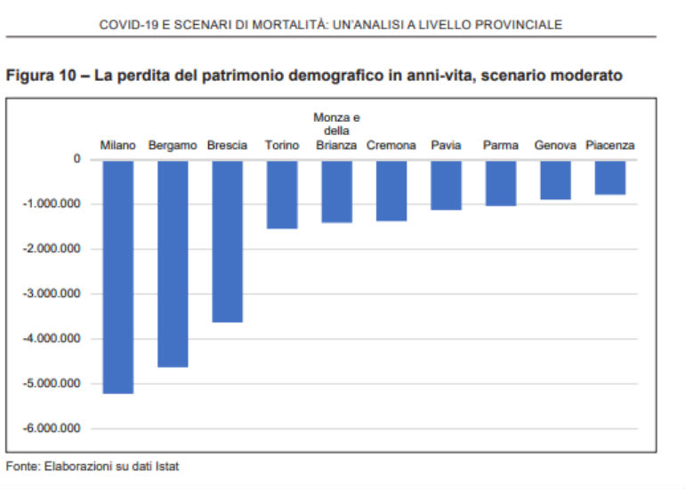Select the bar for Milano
pyautogui.click(x=117, y=276)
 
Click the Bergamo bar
pyautogui.click(x=173, y=262)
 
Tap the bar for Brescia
pyautogui.click(x=227, y=240)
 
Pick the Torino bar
pyautogui.click(x=282, y=194)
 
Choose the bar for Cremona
pyautogui.click(x=391, y=189)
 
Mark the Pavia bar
pyautogui.click(x=446, y=184)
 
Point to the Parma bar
pyautogui.click(x=501, y=182)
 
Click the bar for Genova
pyautogui.click(x=555, y=179)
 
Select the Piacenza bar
pyautogui.click(x=610, y=177)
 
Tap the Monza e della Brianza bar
pyautogui.click(x=336, y=190)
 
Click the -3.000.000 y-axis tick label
pyautogui.click(x=52, y=293)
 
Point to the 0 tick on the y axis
pyautogui.click(x=77, y=159)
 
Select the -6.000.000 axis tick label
pyautogui.click(x=52, y=429)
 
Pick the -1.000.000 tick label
pyautogui.click(x=52, y=204)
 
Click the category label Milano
pyautogui.click(x=117, y=145)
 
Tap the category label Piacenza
pyautogui.click(x=610, y=145)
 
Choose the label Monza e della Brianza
pyautogui.click(x=336, y=131)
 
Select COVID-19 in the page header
pyautogui.click(x=125, y=25)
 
